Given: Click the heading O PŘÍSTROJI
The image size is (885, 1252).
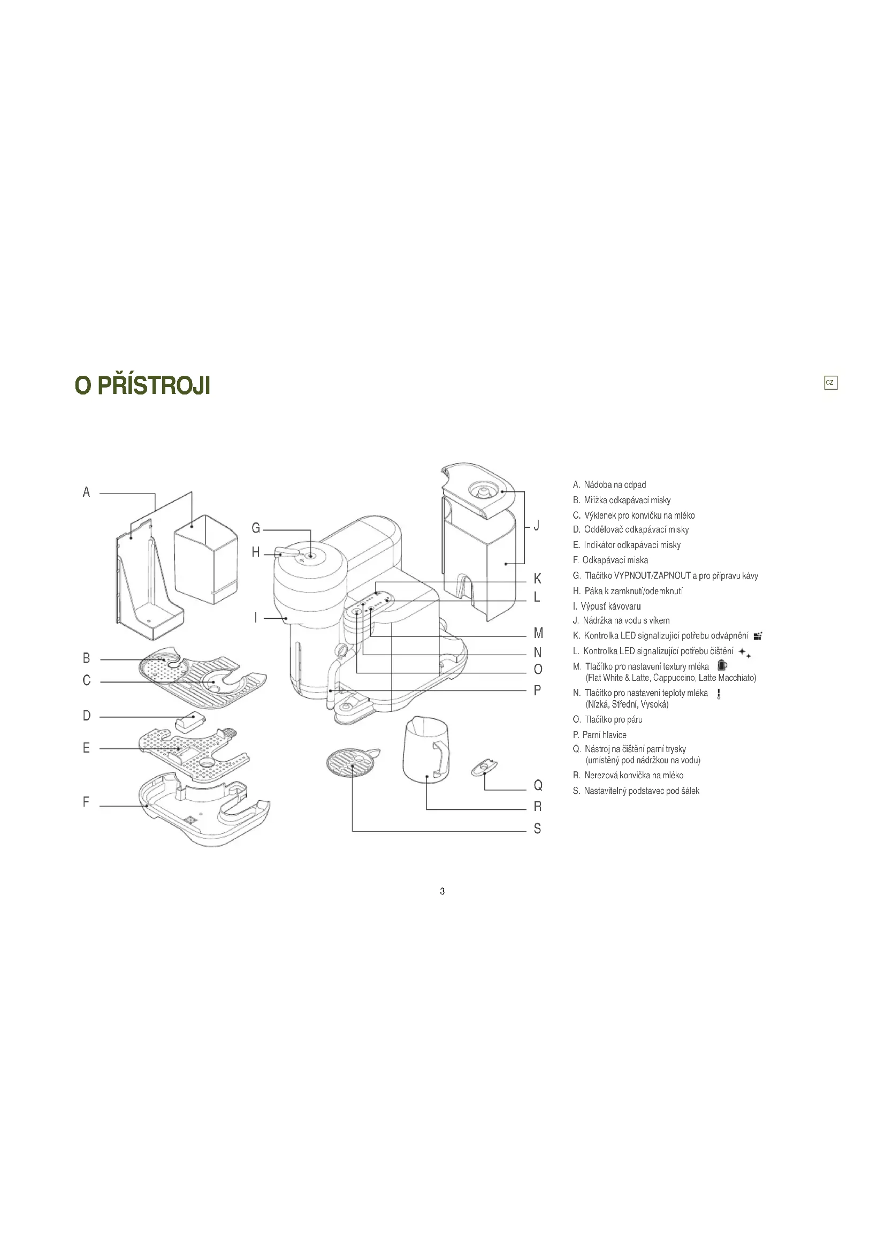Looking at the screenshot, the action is coord(143,385).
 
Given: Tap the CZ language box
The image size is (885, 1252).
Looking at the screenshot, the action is coord(830,383).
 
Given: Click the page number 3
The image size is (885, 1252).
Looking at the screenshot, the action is coord(442,891).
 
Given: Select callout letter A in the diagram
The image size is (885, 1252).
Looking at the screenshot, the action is coord(86,492).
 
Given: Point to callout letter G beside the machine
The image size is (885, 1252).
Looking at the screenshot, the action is coord(256,528).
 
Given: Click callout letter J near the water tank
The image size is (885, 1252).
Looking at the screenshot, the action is coord(537,526).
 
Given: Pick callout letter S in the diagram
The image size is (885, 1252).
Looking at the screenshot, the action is coord(537,829).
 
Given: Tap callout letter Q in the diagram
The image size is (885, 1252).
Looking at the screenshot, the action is coord(538,785).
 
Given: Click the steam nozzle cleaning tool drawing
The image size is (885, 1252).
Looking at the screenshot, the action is coord(484,767).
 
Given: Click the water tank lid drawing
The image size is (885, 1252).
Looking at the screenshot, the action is coord(477,489).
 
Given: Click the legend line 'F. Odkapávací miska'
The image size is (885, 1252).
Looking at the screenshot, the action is coord(611,560).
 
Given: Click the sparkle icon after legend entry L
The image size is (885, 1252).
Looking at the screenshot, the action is coord(744,652).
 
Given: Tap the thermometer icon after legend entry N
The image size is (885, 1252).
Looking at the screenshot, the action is coord(719,694).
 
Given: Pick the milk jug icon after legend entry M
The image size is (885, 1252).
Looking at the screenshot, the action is coord(722,665).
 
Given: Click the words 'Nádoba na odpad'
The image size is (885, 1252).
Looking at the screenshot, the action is coord(615,485).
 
